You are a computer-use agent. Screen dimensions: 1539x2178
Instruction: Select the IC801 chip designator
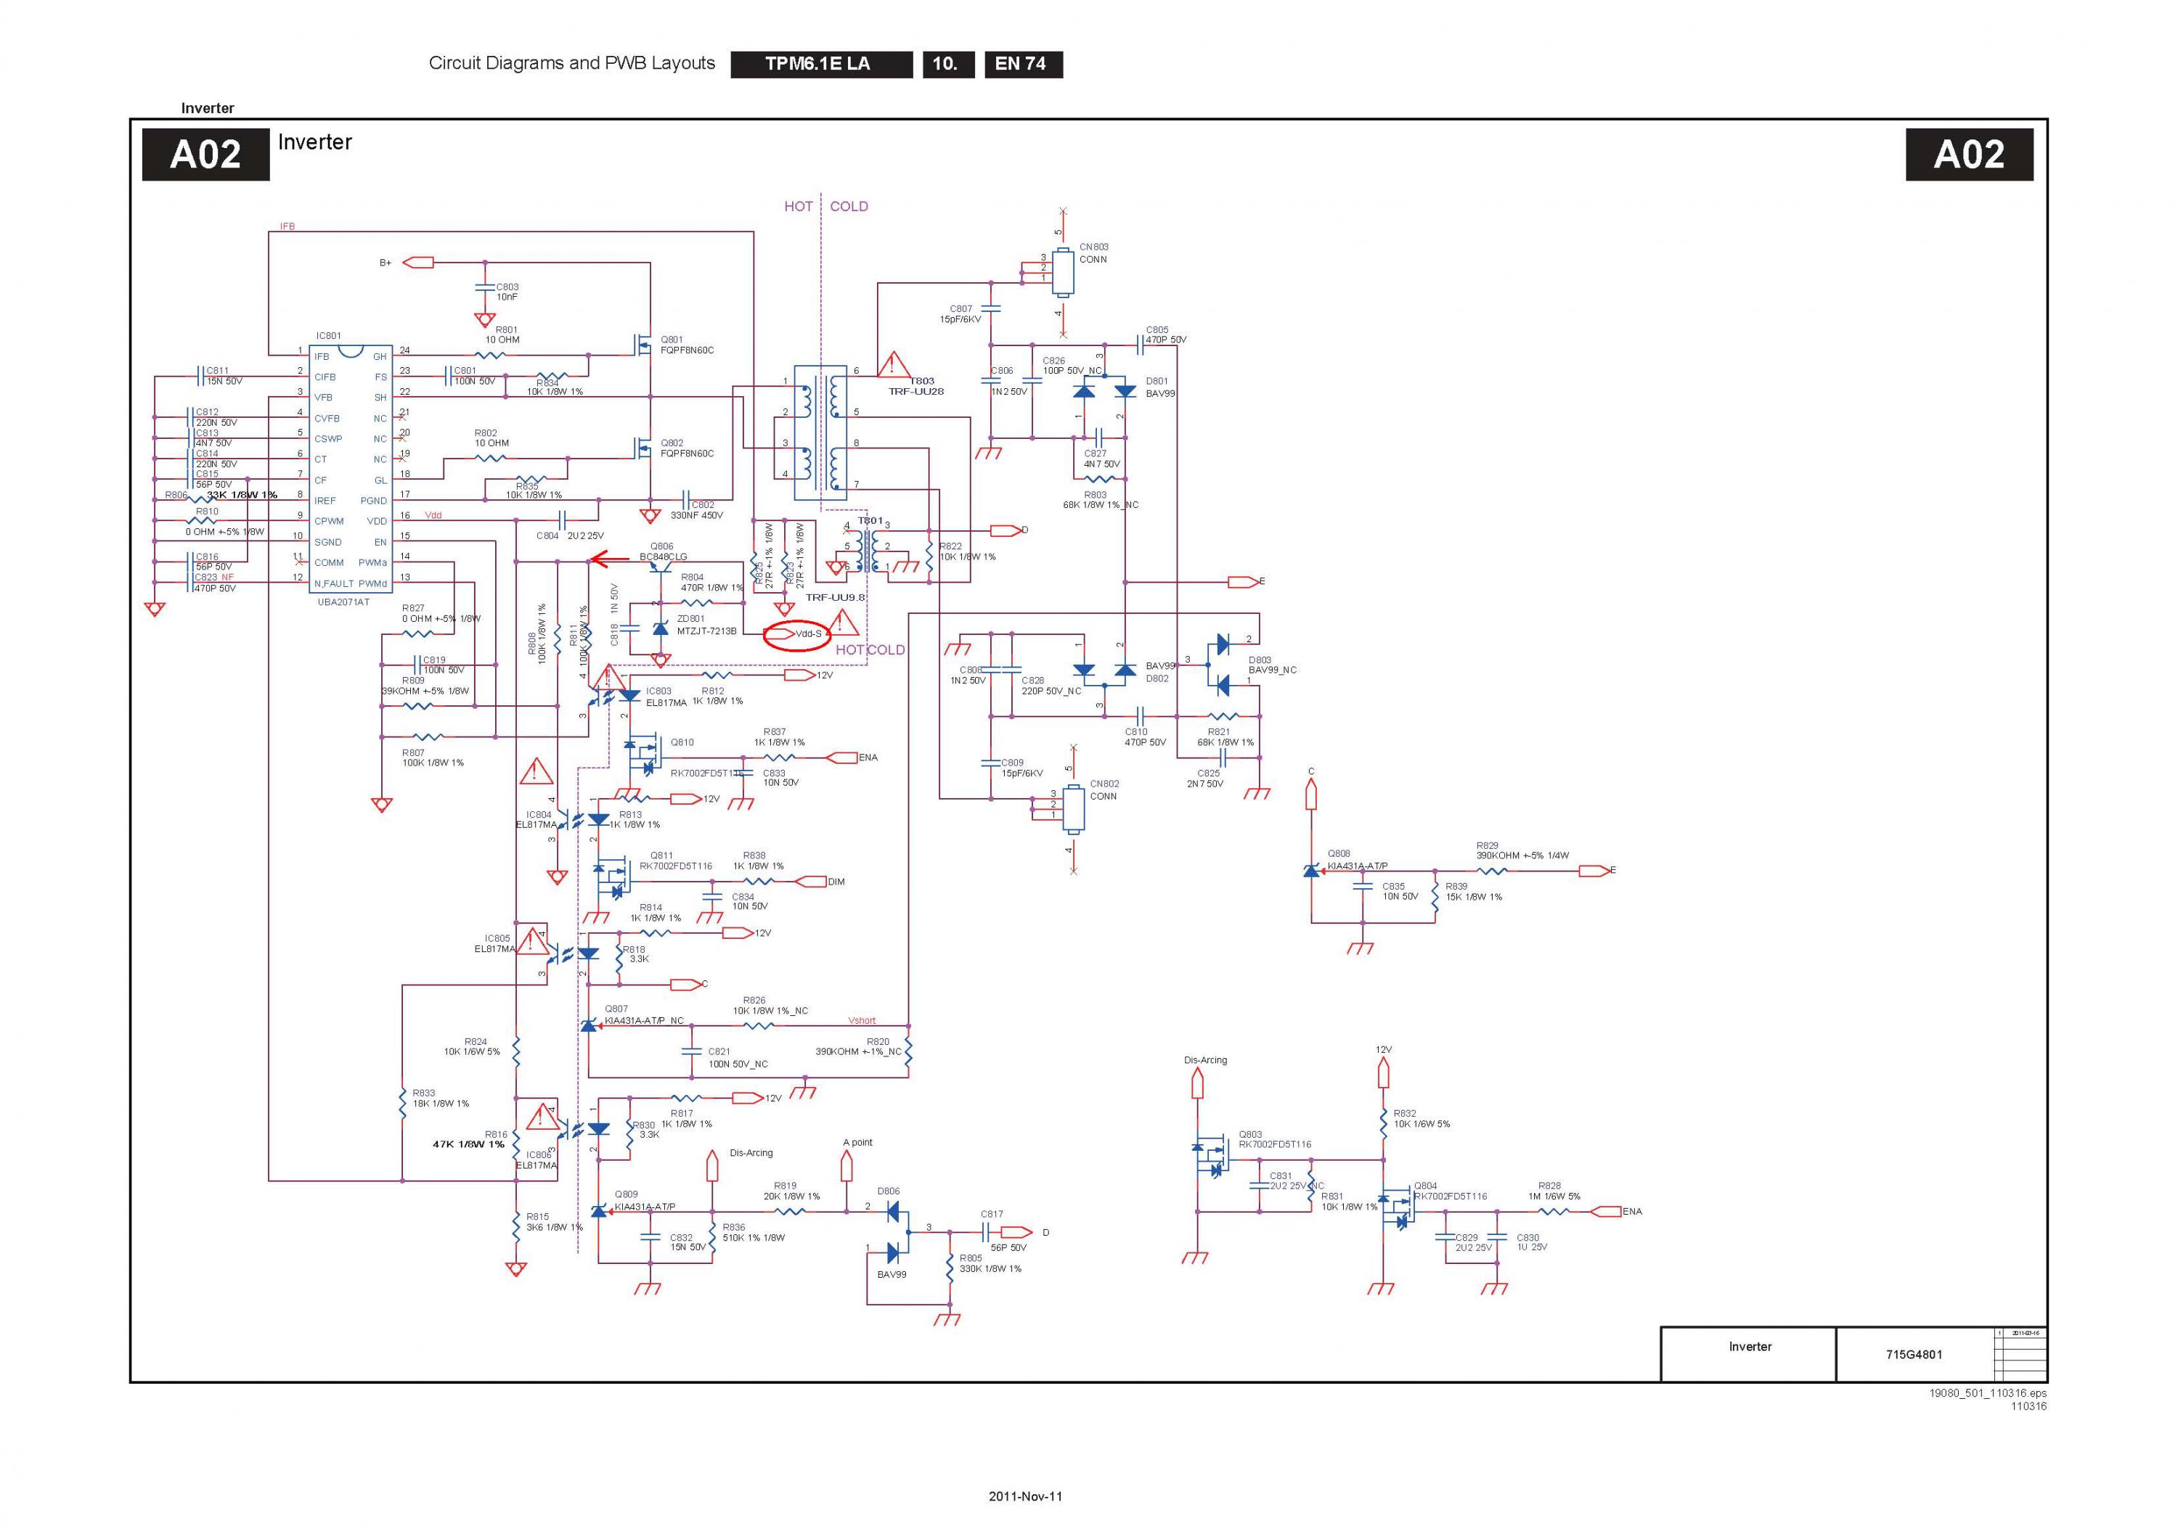328,336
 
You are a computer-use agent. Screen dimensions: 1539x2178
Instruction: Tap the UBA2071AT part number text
343,602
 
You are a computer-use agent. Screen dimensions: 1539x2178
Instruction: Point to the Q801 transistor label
672,340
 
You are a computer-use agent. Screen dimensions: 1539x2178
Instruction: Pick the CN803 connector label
1094,247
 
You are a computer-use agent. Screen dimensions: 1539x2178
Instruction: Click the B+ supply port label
385,263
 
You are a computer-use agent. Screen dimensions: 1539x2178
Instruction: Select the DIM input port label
836,882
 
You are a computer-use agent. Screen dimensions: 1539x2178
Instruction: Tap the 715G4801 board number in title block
1913,1354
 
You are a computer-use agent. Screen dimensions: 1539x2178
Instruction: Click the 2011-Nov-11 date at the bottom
1025,1496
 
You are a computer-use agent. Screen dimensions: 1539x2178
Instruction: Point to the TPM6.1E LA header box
817,64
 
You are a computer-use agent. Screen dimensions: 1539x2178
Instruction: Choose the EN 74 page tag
1021,64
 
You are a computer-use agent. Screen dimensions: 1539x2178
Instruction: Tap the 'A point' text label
857,1143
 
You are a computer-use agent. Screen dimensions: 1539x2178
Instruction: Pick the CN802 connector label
1104,784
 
